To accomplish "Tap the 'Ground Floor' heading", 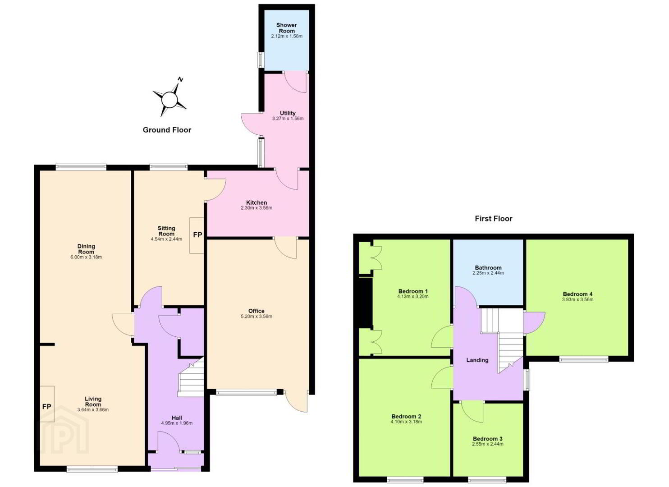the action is [167, 130].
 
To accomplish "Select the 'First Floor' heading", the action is [494, 219].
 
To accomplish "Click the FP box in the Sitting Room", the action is [197, 235].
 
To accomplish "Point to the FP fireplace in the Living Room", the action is [47, 407].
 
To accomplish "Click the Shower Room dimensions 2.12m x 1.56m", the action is [287, 36].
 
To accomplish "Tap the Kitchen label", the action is [257, 202].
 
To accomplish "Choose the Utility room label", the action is [288, 113].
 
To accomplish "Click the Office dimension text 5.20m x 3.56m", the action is [257, 317].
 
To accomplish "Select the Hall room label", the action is [177, 418].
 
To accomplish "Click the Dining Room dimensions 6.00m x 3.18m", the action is [86, 257].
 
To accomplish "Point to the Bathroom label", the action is [488, 268].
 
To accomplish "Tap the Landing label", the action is [477, 360].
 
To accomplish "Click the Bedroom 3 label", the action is [488, 439].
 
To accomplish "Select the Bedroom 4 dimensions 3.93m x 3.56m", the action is [577, 299].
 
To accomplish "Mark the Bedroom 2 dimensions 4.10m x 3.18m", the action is [406, 422].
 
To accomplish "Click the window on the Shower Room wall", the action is [261, 60].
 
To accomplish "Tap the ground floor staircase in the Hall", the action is [192, 378].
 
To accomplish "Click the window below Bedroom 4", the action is [584, 359].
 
